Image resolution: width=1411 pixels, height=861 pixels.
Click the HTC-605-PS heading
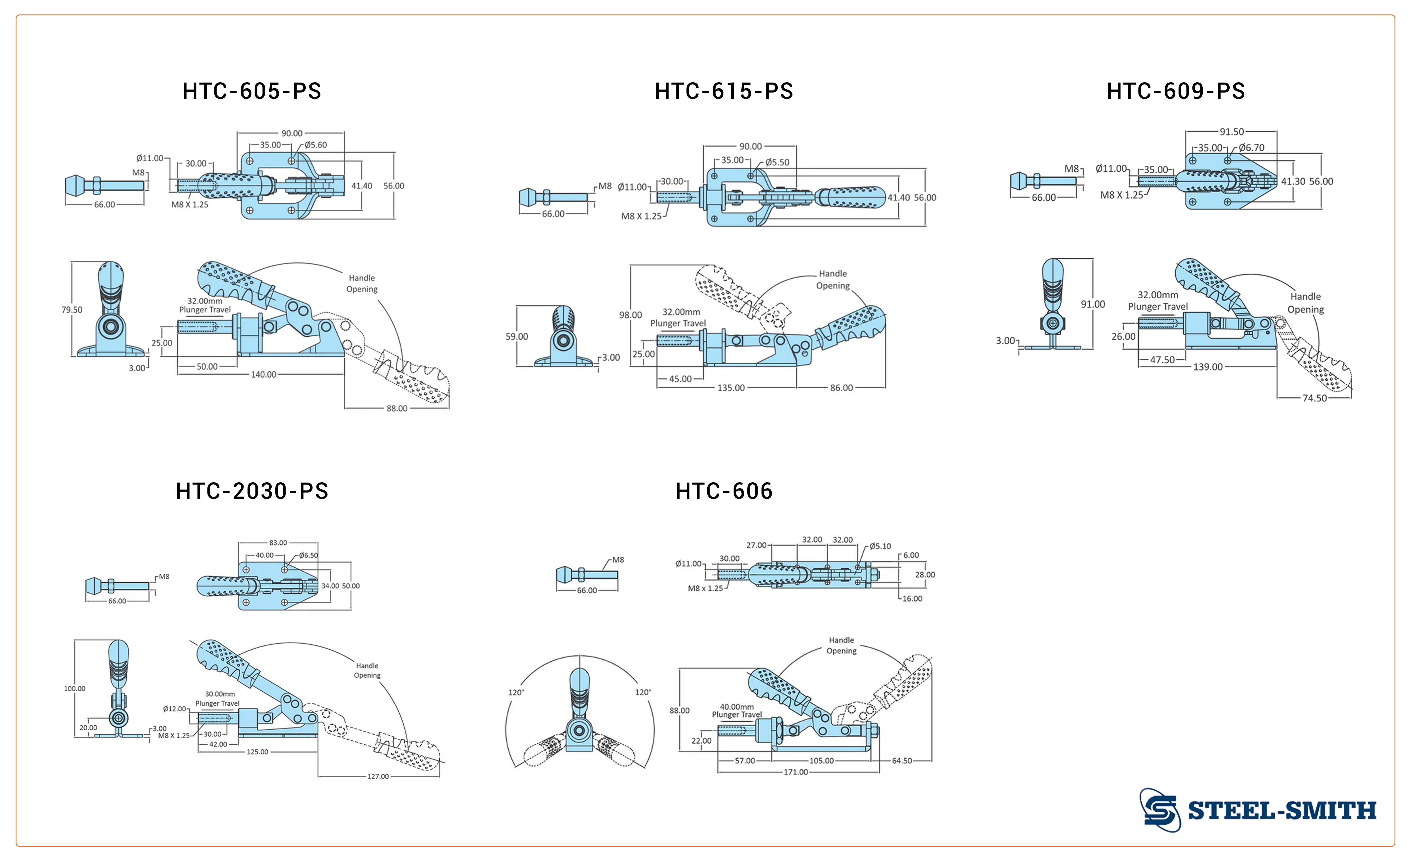pos(252,91)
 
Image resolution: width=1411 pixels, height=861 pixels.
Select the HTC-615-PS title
pos(724,91)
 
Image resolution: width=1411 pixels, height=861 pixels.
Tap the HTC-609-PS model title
pos(1176,91)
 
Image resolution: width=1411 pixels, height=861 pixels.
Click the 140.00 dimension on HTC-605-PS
pos(263,374)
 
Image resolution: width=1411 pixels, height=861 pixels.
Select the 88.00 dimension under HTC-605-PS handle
pos(397,408)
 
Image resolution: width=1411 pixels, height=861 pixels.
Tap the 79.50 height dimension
pos(72,310)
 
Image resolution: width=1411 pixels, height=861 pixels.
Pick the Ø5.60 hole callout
pos(316,145)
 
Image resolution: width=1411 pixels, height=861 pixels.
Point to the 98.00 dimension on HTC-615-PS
pos(630,315)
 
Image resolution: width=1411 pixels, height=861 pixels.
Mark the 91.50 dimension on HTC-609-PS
pos(1232,132)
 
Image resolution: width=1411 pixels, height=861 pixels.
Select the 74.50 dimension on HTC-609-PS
pos(1315,398)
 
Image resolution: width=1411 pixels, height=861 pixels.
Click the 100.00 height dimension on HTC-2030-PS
pos(74,689)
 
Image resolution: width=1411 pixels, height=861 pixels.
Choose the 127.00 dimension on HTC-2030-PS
pos(378,776)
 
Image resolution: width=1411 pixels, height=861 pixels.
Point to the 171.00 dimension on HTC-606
pos(796,772)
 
